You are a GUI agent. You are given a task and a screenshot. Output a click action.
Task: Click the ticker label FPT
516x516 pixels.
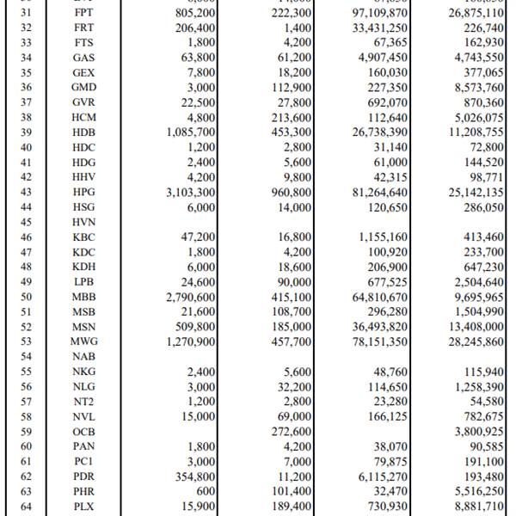pos(83,13)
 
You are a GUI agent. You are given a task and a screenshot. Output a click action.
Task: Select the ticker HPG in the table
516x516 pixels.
pos(83,192)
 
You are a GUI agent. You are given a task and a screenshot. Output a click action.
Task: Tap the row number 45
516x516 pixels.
pos(23,221)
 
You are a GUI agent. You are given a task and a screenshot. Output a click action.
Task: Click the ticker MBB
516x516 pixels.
pos(83,296)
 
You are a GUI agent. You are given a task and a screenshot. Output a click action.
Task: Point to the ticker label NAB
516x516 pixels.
pos(83,355)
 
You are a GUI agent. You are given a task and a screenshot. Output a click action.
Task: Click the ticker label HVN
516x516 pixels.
pos(83,221)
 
